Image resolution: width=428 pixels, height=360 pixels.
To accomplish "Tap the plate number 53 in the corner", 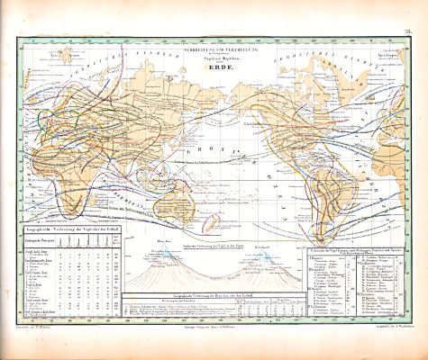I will [408, 31].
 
